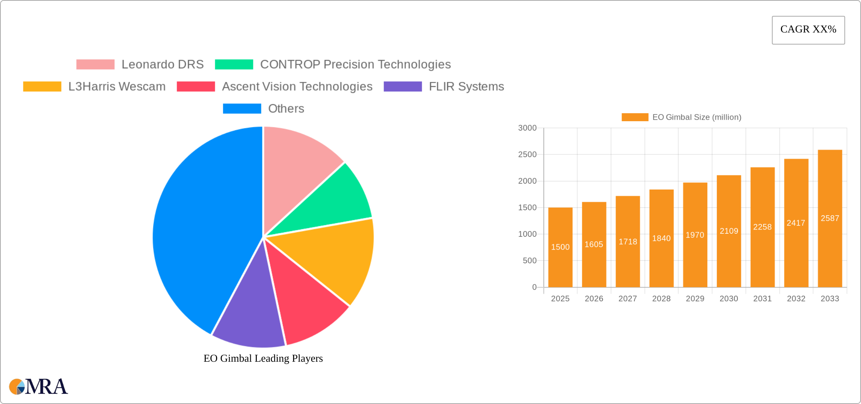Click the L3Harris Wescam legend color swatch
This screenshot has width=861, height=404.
tap(42, 86)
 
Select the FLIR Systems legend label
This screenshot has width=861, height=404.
tap(466, 86)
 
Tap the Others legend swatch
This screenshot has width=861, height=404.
tap(242, 108)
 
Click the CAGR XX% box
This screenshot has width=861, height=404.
tap(808, 30)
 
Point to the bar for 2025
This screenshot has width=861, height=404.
tap(560, 247)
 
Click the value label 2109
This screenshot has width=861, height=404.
tap(729, 231)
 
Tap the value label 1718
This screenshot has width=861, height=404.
tap(628, 242)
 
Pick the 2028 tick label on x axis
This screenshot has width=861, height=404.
tap(661, 299)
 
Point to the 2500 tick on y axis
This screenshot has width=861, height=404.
tap(527, 154)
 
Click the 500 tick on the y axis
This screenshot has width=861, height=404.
tap(529, 261)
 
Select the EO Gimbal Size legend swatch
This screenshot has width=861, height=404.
tap(635, 117)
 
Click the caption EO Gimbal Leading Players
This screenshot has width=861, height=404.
tap(263, 358)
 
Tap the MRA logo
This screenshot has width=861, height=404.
tap(39, 386)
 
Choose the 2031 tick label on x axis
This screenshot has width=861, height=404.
tap(762, 299)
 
